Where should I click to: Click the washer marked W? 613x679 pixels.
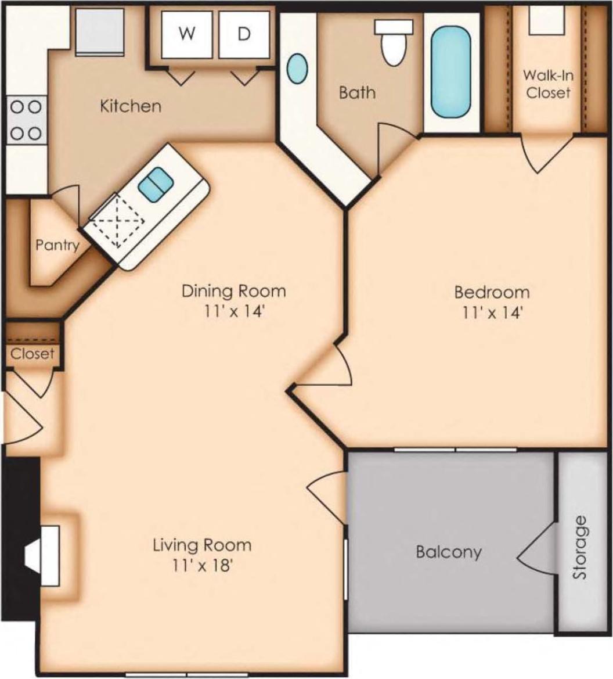[186, 34]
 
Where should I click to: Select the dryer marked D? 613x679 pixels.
[244, 34]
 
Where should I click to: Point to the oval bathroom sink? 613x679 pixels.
[297, 69]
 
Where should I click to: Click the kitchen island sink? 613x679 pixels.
[156, 184]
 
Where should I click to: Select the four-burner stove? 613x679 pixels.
[26, 120]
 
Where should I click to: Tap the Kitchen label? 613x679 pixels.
[130, 106]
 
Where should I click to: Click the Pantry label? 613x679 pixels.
[57, 245]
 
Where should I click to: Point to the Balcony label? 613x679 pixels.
[449, 551]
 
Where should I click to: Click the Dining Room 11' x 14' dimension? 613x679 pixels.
[234, 311]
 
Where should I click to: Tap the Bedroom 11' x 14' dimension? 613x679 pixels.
[492, 312]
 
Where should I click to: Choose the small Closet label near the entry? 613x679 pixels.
[33, 353]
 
